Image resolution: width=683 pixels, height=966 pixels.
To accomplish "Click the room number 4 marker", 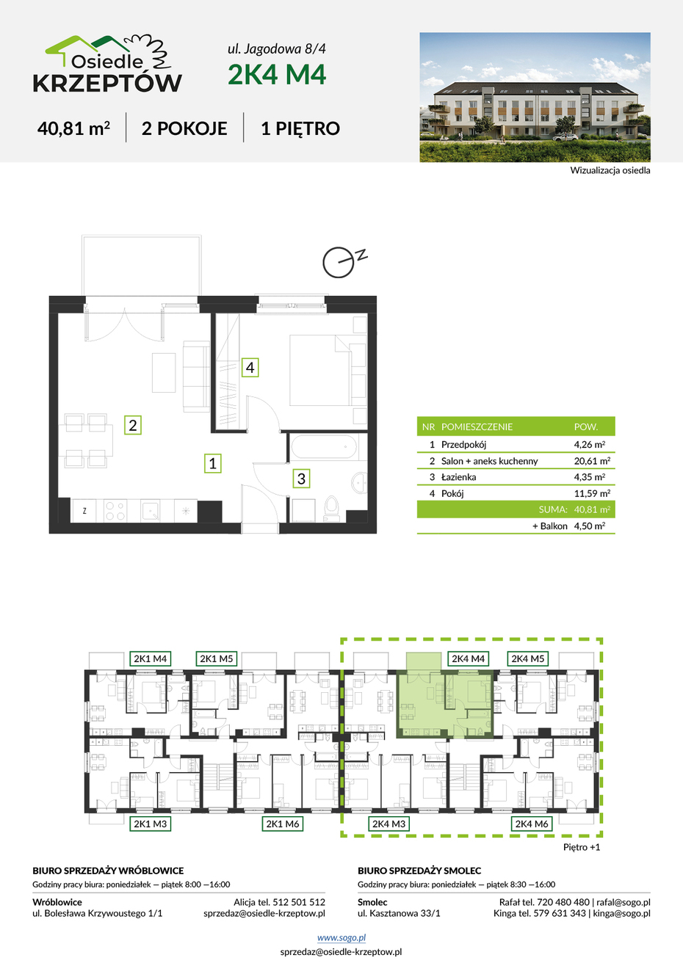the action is (x=250, y=368).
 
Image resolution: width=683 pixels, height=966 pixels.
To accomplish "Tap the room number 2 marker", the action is (x=132, y=425).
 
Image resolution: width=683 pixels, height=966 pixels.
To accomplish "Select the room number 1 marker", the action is (x=213, y=463).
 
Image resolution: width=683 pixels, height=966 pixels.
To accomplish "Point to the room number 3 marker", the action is (x=301, y=479).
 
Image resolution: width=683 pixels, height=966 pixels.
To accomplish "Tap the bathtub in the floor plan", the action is (x=324, y=446).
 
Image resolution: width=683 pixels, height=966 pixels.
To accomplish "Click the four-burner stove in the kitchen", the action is (x=115, y=511).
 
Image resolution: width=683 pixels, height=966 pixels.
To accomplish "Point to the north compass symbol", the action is (x=344, y=262).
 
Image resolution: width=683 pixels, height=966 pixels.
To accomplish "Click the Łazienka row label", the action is (x=459, y=477).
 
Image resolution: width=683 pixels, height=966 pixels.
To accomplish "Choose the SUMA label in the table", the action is (x=553, y=509).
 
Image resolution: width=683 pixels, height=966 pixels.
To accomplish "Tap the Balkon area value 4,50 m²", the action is (x=590, y=526).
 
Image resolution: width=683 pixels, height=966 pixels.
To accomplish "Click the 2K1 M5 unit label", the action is (x=216, y=658).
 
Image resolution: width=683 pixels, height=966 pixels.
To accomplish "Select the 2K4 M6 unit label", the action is (x=531, y=824).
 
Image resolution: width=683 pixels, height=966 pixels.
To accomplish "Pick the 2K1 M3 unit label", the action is (x=150, y=824).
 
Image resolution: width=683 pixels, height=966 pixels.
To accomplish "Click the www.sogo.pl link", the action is (x=341, y=937).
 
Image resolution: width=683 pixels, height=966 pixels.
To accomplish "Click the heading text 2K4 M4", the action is (x=277, y=74).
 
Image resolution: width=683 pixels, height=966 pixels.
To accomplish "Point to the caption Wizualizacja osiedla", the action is (x=610, y=170).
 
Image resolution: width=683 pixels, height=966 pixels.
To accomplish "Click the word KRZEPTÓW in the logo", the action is (x=107, y=83).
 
